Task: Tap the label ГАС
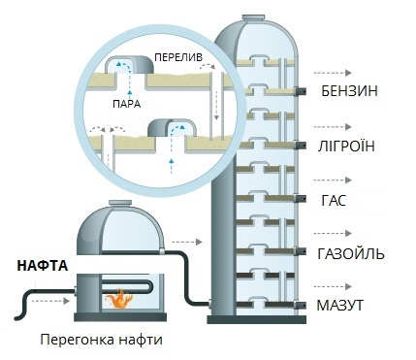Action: pos(333,202)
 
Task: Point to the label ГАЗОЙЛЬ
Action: pos(352,254)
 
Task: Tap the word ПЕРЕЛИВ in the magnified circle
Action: pos(176,59)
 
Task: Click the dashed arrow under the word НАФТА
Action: pos(47,302)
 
